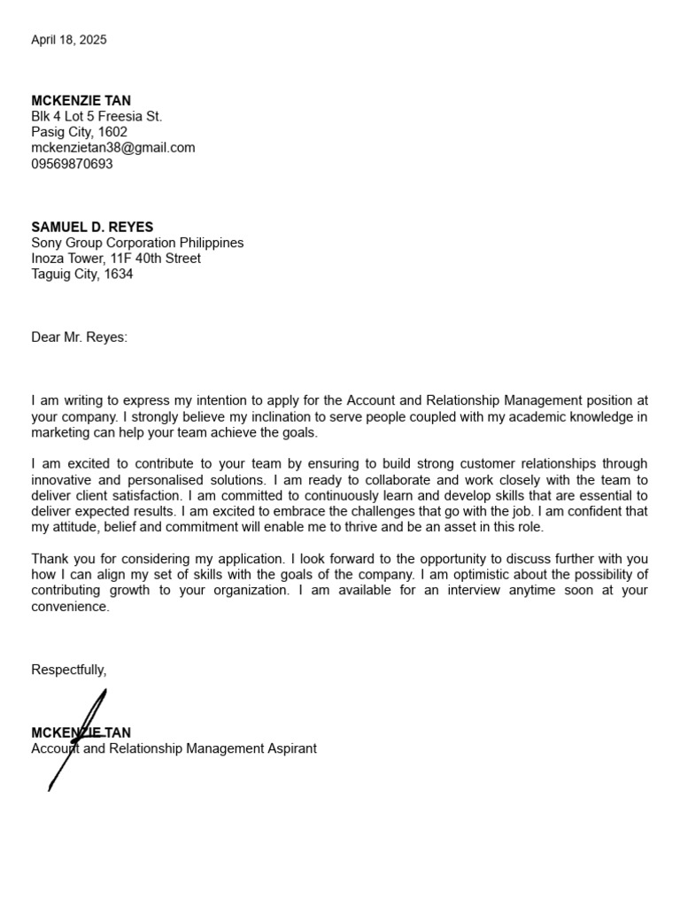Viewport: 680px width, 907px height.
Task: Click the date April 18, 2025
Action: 69,40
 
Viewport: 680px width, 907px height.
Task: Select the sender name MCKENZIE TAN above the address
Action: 81,101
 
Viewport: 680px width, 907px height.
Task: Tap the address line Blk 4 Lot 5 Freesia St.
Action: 97,117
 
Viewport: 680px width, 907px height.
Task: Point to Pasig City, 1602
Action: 80,133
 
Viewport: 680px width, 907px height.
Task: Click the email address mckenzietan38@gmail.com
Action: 113,148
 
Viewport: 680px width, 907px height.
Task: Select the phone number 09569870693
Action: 73,164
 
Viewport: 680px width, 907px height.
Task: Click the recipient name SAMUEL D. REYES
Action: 92,228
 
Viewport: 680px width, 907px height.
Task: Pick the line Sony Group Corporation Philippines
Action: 137,243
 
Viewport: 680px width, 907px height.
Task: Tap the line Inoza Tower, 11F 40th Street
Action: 116,259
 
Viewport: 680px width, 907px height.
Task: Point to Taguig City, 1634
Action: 82,275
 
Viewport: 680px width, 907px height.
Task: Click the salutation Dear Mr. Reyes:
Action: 80,337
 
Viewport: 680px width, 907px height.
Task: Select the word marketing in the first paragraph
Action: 61,433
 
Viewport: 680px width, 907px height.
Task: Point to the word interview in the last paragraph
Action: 467,591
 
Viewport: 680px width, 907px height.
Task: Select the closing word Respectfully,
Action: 69,670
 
